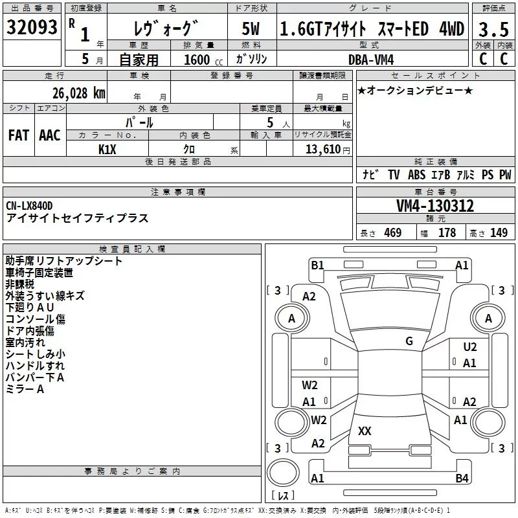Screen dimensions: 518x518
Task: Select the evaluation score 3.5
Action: coord(493,29)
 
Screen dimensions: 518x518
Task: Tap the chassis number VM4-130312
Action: coord(435,206)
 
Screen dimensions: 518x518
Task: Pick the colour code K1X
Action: coord(107,149)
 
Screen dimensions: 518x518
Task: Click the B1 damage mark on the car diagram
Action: coord(317,265)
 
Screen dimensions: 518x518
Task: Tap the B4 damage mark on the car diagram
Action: coord(462,479)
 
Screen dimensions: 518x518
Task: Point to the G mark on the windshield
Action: coord(409,341)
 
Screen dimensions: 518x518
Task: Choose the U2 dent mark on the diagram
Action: coord(470,347)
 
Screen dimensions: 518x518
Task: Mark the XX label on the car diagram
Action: coord(365,431)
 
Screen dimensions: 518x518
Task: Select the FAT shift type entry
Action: coord(19,135)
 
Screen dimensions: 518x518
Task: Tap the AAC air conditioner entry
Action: coord(50,135)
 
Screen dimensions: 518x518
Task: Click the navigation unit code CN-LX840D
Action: coord(30,206)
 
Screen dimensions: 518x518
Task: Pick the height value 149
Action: coord(499,233)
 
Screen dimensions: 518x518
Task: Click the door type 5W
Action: coord(251,29)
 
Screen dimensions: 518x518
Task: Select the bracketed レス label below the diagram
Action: coord(284,497)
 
